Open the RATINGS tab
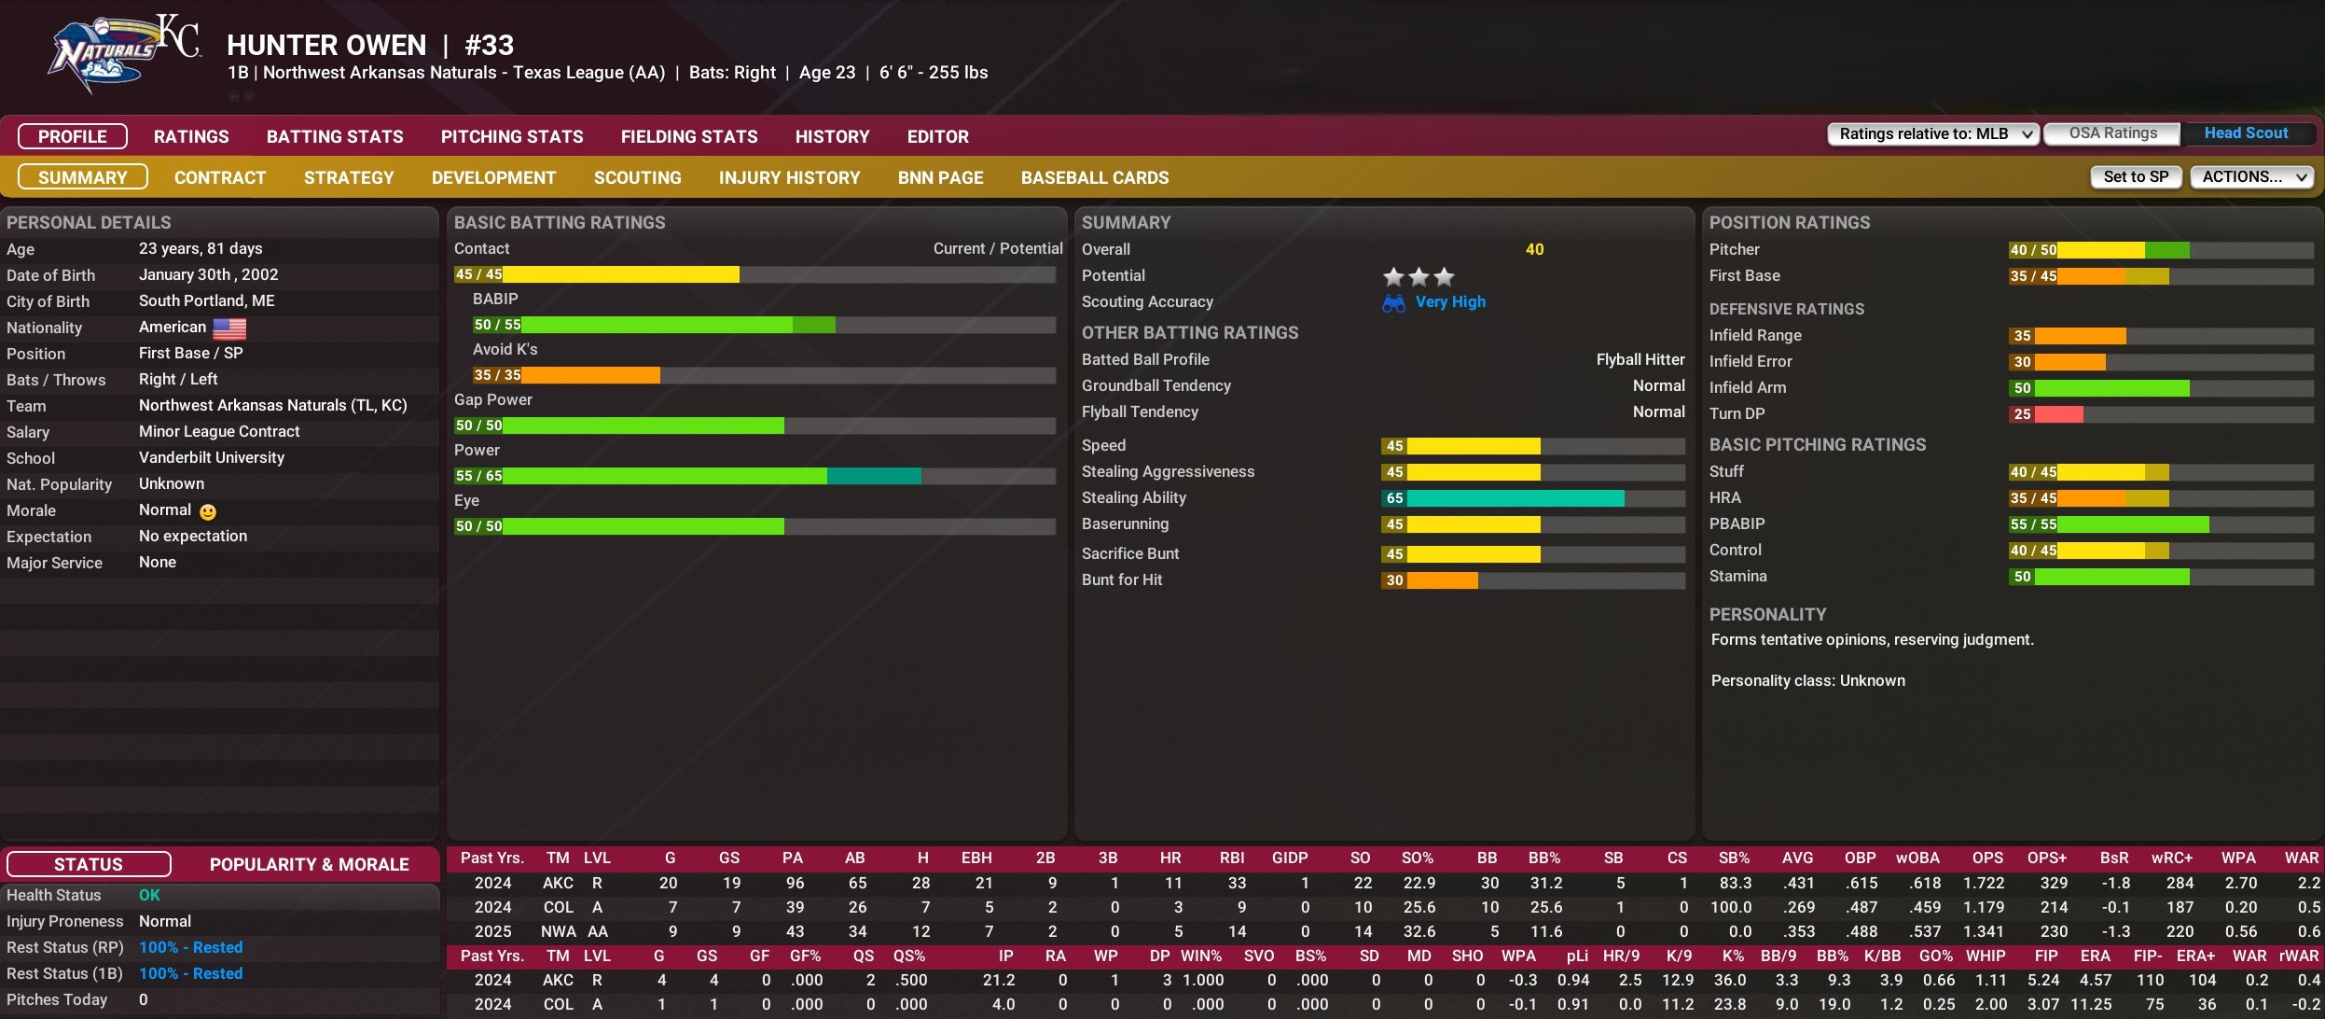tap(191, 136)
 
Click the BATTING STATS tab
tap(335, 136)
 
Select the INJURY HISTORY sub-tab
tap(789, 177)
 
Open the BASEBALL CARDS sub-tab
tap(1094, 177)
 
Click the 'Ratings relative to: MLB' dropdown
tap(1933, 134)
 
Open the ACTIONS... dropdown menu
tap(2251, 176)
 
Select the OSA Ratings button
tap(2112, 133)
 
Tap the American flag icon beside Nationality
tap(229, 328)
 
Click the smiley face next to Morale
tap(208, 511)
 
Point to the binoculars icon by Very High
tap(1393, 303)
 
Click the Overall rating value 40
tap(1534, 249)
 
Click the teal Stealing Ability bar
tap(1515, 498)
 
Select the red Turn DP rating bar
tap(2057, 414)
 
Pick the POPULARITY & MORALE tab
tap(309, 864)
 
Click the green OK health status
tap(149, 895)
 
